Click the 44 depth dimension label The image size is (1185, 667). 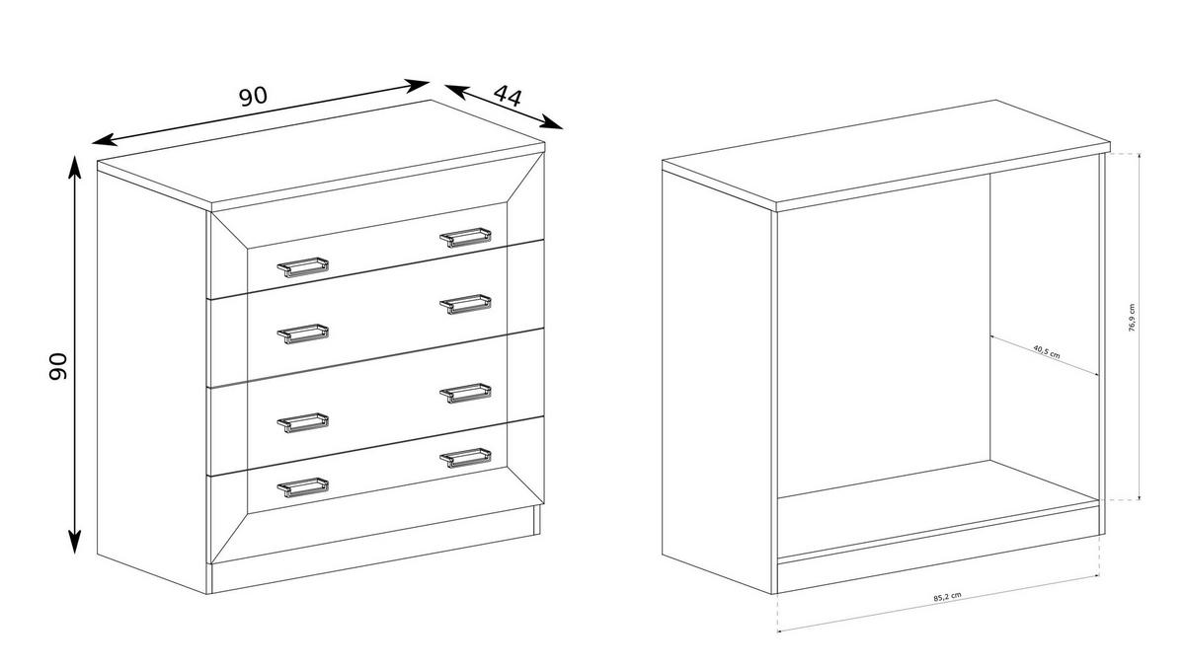pyautogui.click(x=508, y=96)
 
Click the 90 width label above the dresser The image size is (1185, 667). pyautogui.click(x=254, y=96)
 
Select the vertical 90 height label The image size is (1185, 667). pyautogui.click(x=56, y=366)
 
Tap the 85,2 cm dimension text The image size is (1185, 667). pyautogui.click(x=947, y=597)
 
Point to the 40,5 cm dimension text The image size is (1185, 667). pyautogui.click(x=1046, y=350)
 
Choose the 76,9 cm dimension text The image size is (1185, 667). pyautogui.click(x=1132, y=319)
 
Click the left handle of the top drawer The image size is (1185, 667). pyautogui.click(x=302, y=266)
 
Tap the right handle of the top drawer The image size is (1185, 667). pyautogui.click(x=465, y=237)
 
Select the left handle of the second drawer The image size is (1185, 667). pyautogui.click(x=302, y=333)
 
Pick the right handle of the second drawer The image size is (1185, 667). pyautogui.click(x=465, y=303)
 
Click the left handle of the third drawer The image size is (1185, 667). pyautogui.click(x=302, y=422)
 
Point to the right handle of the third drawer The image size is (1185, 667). pyautogui.click(x=465, y=393)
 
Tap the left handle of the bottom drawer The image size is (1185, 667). pyautogui.click(x=302, y=485)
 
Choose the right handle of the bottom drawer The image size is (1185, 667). pyautogui.click(x=465, y=457)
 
